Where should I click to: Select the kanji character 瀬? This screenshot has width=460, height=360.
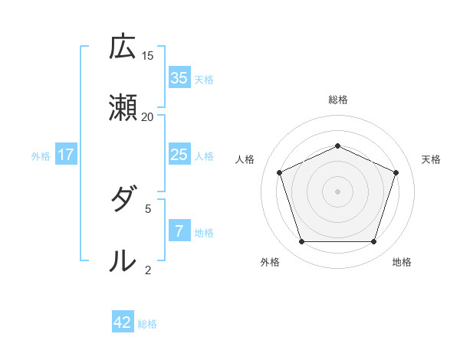coord(123,108)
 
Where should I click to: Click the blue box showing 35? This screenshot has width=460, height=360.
coord(179,77)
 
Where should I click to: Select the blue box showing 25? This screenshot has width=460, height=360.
coord(179,155)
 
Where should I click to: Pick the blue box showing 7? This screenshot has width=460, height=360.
coord(179,231)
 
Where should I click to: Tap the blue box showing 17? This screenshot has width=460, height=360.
coord(66,155)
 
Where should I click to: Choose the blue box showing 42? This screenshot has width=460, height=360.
coord(123,322)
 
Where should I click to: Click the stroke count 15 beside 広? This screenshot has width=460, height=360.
coord(148,56)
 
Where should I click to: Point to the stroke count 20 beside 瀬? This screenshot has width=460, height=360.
coord(148,117)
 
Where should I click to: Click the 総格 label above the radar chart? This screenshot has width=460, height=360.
coord(337,100)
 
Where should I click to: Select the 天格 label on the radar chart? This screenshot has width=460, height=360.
coord(431,159)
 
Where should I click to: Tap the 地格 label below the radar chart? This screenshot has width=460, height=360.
coord(402,262)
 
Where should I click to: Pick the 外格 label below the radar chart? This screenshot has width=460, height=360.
coord(270,262)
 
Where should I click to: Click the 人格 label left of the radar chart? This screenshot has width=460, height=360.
coord(245,159)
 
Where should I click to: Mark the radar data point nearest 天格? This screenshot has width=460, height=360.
coord(396,172)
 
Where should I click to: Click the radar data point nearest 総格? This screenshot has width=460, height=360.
coord(337,146)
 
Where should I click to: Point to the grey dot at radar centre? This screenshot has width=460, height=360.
coord(337,191)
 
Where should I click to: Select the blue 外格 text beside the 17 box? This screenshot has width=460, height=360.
coord(41,156)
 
